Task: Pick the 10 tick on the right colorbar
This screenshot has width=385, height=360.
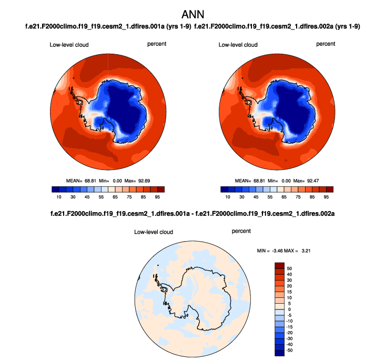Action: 228,196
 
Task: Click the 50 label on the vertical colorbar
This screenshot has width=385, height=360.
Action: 289,268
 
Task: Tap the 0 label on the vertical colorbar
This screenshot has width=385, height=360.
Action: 288,309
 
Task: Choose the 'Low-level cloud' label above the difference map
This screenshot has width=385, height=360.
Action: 154,232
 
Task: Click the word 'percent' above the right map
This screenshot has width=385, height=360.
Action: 326,44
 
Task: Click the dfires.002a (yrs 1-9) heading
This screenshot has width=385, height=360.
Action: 280,26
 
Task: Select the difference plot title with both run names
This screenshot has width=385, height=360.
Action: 192,214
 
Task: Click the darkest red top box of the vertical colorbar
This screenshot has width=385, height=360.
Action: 279,265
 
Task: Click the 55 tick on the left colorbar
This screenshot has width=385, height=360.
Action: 108,196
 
